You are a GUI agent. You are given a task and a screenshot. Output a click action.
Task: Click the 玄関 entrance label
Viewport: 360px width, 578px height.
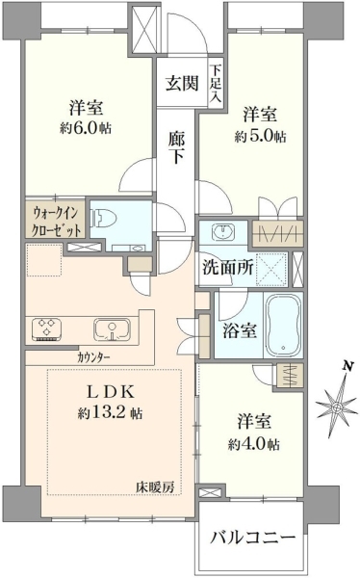(x=182, y=83)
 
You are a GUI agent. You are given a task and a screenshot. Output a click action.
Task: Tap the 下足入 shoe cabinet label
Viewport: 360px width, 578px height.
(x=216, y=83)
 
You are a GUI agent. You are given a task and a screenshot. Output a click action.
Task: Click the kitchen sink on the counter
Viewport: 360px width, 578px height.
(x=112, y=328)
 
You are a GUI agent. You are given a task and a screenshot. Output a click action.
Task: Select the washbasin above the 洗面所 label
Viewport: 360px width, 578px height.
(x=222, y=231)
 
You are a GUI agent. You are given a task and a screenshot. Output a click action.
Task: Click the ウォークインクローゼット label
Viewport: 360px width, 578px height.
(x=56, y=222)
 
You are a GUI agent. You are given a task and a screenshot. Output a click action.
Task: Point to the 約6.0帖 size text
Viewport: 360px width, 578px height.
(x=86, y=128)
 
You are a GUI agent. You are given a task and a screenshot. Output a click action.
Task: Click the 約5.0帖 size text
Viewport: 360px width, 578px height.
(x=260, y=136)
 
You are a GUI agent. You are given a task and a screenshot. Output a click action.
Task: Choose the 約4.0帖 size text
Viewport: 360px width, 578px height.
(x=253, y=444)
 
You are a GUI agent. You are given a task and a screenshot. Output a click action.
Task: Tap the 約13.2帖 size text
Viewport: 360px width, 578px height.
(x=110, y=413)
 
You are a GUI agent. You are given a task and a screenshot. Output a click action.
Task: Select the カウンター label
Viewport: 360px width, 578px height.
(x=94, y=357)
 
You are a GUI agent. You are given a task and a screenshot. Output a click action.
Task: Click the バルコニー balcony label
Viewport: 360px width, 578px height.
(x=253, y=538)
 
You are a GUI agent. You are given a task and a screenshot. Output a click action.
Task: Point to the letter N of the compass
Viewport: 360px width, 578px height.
(x=346, y=366)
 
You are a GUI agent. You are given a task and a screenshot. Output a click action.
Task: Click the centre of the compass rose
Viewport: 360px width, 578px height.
(x=337, y=407)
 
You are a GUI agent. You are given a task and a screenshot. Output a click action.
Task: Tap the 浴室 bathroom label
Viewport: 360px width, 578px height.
(x=239, y=329)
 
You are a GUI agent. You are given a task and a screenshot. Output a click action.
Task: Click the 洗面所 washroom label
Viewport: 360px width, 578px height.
(x=227, y=268)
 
